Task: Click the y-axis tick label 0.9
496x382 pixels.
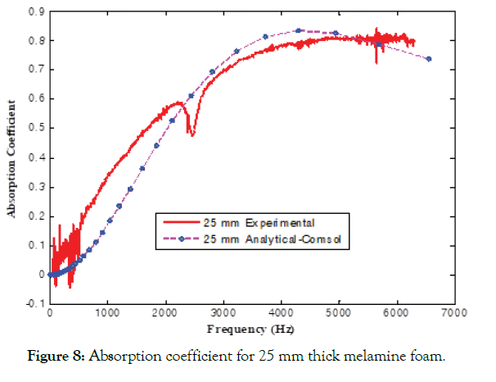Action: pyautogui.click(x=36, y=11)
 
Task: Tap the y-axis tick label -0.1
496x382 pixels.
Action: pyautogui.click(x=34, y=303)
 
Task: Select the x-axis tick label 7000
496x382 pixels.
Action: pyautogui.click(x=454, y=313)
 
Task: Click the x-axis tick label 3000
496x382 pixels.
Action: pyautogui.click(x=223, y=313)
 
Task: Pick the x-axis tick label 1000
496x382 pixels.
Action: pyautogui.click(x=107, y=313)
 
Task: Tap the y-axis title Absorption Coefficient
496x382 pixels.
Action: pyautogui.click(x=12, y=157)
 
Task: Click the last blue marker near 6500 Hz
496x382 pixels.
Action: pyautogui.click(x=429, y=59)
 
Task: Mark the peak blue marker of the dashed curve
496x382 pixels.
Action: pyautogui.click(x=299, y=30)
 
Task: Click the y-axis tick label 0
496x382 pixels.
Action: pyautogui.click(x=41, y=274)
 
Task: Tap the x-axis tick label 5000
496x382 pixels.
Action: pyautogui.click(x=338, y=313)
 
